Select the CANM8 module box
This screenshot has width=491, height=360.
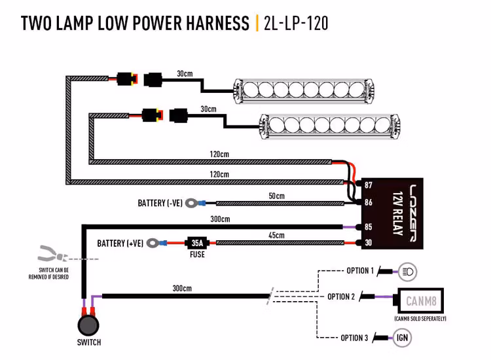(x=421, y=302)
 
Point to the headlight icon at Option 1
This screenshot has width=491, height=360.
(x=407, y=271)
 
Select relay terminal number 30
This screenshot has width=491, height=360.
(x=369, y=243)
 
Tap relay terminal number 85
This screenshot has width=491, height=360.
(x=369, y=228)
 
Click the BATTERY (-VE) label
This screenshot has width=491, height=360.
(x=160, y=204)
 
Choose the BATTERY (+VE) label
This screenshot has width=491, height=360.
(x=120, y=243)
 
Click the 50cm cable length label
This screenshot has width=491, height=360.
(x=276, y=196)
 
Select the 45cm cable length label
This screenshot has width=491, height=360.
(x=276, y=235)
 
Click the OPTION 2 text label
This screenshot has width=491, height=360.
(x=341, y=297)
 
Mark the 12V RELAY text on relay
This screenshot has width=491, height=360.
(x=397, y=213)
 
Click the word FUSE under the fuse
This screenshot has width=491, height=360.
(x=196, y=255)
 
